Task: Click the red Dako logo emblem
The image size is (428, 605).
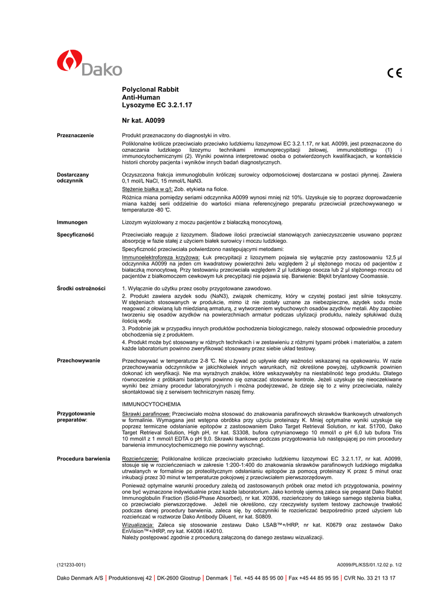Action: (x=69, y=62)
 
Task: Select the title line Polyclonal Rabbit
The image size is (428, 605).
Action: (x=146, y=89)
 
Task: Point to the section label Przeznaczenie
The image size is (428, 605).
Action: (x=75, y=136)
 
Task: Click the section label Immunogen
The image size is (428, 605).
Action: (x=72, y=222)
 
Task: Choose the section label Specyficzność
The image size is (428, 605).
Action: (x=76, y=235)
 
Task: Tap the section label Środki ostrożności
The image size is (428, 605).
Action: (x=81, y=288)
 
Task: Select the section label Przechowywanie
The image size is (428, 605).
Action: (x=78, y=360)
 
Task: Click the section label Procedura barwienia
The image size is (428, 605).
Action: (x=83, y=458)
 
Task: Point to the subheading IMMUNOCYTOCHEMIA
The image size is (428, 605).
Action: (x=151, y=404)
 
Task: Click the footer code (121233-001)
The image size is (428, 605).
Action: (x=71, y=564)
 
